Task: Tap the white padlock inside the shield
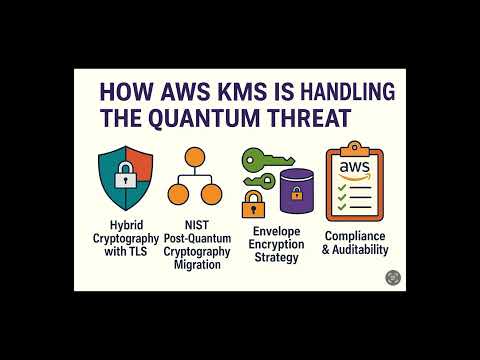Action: [x=125, y=179]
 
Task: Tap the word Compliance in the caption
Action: [x=355, y=235]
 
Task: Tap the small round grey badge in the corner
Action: [x=391, y=279]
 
